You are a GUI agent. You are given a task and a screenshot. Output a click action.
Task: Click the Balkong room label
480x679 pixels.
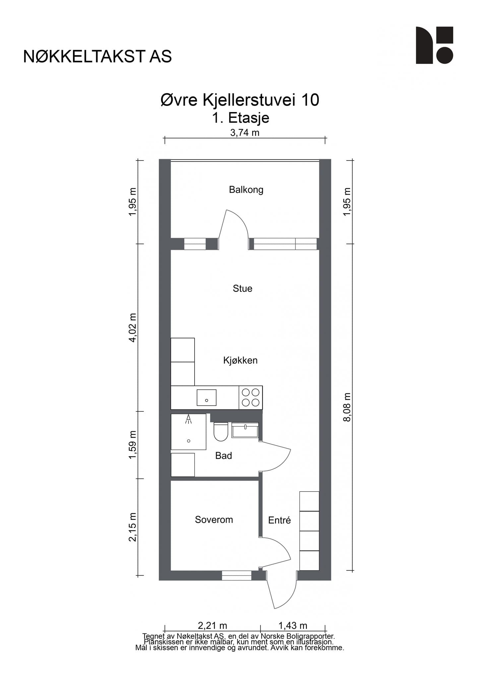coord(246,190)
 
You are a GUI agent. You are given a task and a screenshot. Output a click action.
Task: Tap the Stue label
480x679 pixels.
coord(242,288)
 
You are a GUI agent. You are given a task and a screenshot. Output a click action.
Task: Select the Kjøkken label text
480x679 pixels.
coord(240,360)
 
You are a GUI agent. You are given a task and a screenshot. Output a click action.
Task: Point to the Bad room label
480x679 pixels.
coord(223,456)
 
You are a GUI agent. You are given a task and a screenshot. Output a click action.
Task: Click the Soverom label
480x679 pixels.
coord(214,520)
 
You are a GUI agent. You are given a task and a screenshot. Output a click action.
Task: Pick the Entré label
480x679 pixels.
coord(279,520)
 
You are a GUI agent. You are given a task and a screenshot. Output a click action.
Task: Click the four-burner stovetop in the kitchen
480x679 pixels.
coord(251,398)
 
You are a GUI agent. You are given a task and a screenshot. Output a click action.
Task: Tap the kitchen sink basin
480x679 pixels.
coord(207,398)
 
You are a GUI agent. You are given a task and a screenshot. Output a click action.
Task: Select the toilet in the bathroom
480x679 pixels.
coord(221,431)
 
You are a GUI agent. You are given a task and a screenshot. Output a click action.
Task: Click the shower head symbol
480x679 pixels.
coord(188,419)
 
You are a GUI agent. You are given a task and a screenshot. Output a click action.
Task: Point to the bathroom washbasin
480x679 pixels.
coord(245,430)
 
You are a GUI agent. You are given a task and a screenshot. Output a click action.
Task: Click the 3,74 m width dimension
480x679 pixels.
coord(245,133)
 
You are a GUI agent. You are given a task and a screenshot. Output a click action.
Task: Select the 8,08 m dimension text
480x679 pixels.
coord(347,407)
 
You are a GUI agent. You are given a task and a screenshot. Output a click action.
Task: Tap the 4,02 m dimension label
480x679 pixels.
coord(133,328)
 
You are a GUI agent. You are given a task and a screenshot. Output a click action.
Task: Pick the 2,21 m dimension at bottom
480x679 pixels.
coord(212,626)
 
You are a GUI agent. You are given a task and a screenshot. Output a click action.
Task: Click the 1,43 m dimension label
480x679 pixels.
coord(293,626)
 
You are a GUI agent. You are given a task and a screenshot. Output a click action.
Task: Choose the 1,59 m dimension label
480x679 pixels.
coord(133,445)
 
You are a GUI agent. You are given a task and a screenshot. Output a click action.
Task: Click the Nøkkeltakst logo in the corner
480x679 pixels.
coord(435,45)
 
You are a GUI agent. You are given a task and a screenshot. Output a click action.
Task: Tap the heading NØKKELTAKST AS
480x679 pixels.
coord(97,57)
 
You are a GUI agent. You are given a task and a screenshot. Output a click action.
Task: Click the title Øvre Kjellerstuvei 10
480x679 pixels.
coord(240,100)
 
